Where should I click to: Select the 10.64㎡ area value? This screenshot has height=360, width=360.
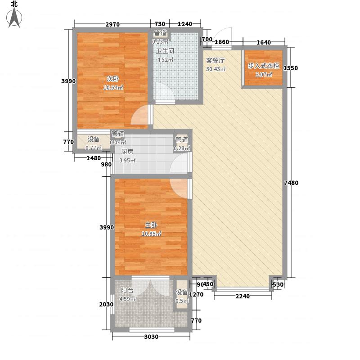(x=113, y=88)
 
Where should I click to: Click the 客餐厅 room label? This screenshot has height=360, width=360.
(x=215, y=60)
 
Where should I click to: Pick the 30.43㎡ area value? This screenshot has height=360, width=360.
(x=216, y=69)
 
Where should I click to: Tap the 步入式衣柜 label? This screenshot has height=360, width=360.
(x=263, y=66)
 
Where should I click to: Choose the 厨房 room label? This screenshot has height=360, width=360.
(x=127, y=152)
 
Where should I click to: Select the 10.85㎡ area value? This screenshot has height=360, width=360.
(x=151, y=234)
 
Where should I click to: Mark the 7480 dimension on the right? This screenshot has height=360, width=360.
(x=293, y=183)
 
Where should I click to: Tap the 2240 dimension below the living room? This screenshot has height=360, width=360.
(x=243, y=296)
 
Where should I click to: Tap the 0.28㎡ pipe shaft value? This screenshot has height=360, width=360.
(x=182, y=148)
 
